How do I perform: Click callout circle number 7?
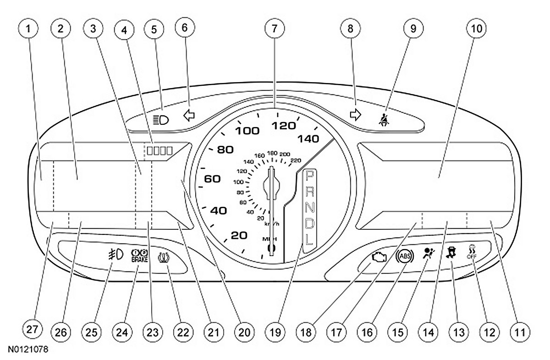pyautogui.click(x=274, y=28)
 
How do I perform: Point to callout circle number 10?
pyautogui.click(x=475, y=28)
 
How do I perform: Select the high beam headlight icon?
pyautogui.click(x=161, y=120)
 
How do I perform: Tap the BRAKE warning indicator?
pyautogui.click(x=139, y=255)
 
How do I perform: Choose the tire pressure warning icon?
pyautogui.click(x=164, y=256)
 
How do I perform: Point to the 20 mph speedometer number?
pyautogui.click(x=239, y=235)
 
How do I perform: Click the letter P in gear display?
pyautogui.click(x=310, y=175)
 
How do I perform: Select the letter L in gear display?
pyautogui.click(x=310, y=238)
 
